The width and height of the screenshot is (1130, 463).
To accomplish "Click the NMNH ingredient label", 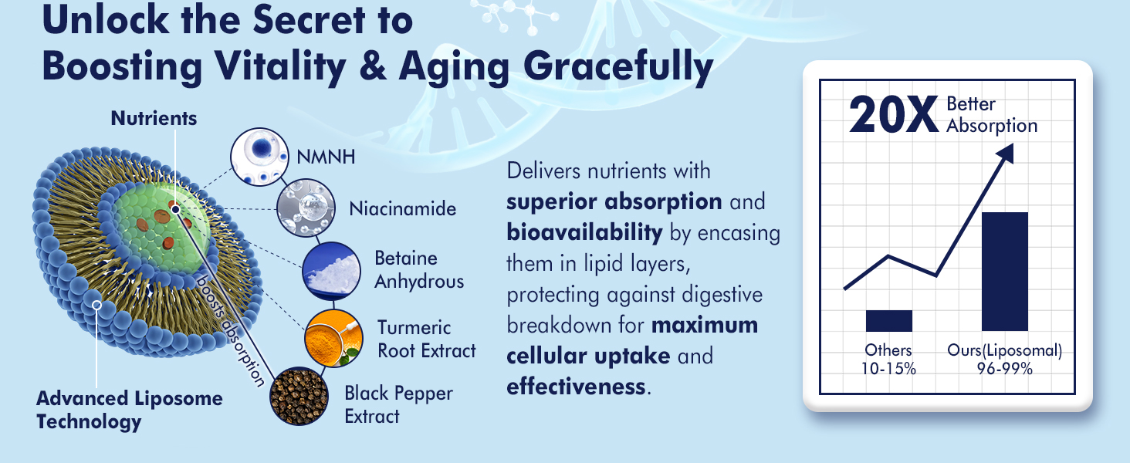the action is click(x=326, y=157).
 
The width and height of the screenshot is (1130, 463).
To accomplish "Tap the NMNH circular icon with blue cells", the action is click(x=260, y=157).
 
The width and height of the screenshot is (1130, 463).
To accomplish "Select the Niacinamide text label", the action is click(x=403, y=209).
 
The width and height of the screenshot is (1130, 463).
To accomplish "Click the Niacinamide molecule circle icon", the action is click(x=306, y=208).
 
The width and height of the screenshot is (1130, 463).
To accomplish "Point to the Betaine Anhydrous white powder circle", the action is click(x=331, y=272).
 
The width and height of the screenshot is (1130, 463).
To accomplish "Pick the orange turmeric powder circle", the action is click(x=333, y=339).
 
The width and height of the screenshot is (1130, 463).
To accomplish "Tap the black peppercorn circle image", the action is click(x=299, y=396).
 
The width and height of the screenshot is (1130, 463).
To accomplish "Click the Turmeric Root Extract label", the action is click(x=427, y=339).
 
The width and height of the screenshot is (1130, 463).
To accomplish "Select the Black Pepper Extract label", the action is click(x=398, y=404).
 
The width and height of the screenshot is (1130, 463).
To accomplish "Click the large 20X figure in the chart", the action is click(x=893, y=115).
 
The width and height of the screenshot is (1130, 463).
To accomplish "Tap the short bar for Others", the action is click(x=889, y=321).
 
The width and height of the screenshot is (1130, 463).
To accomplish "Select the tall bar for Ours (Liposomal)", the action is click(x=1005, y=272).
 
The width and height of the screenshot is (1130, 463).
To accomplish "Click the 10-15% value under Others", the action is click(x=888, y=369).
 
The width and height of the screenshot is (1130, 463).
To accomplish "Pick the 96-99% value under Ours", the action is click(x=1004, y=369).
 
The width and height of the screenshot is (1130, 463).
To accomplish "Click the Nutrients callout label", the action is click(x=154, y=119).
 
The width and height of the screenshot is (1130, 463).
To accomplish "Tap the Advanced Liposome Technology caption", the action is click(x=129, y=410).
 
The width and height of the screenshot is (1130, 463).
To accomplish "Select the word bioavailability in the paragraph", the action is click(x=584, y=232).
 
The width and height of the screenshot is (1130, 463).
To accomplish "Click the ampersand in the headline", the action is click(x=373, y=67).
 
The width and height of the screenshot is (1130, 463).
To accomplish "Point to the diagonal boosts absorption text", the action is click(x=230, y=331).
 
